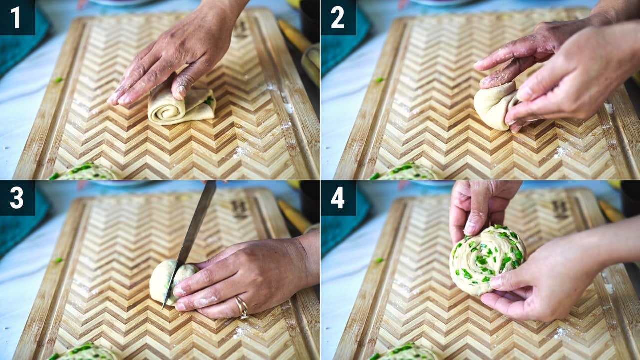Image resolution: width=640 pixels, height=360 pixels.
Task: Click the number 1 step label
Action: [15, 17]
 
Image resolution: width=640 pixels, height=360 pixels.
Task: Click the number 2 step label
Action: [338, 17]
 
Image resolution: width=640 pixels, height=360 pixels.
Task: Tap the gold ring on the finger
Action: [242, 307]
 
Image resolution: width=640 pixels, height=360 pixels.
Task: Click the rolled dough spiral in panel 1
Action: [181, 106]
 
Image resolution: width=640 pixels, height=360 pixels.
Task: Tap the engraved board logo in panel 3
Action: [239, 209]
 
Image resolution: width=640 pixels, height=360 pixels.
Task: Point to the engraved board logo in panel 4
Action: [560, 209]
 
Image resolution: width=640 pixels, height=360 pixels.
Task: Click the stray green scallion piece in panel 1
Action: [58, 80]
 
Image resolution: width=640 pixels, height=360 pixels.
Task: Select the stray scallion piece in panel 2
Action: [379, 80]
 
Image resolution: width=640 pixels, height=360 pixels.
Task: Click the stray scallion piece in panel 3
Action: [58, 260]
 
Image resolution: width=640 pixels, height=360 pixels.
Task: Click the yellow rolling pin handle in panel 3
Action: [294, 216]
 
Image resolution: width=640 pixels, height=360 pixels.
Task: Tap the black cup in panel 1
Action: [310, 17]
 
